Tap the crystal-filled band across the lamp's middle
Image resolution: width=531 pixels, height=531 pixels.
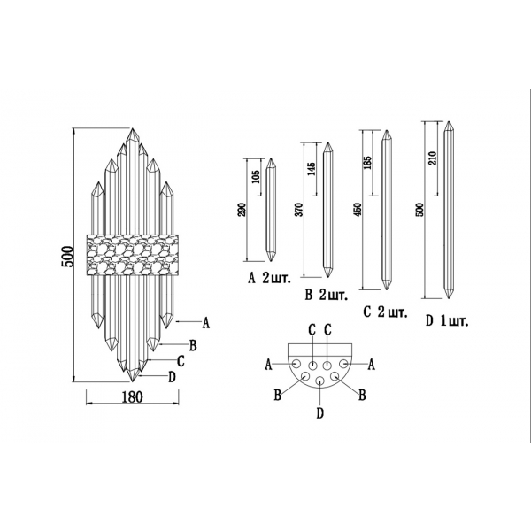pos(133,255)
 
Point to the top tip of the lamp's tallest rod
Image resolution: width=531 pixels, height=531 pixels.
pos(133,129)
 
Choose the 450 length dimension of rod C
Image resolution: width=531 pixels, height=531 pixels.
pos(358,209)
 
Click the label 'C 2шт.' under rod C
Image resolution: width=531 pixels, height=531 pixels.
pos(385,312)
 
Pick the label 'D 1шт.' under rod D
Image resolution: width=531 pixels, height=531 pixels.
pos(447,319)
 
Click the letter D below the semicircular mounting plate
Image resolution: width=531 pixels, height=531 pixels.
pos(319,413)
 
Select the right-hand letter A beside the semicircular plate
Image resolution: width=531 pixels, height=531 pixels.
pos(372,364)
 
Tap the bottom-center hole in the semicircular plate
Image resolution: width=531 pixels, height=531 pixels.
pos(319,382)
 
